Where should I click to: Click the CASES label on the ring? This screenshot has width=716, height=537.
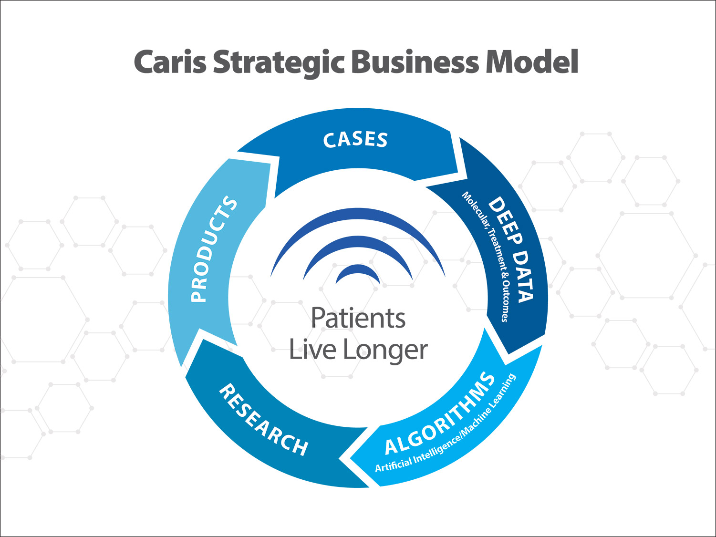[x=355, y=140]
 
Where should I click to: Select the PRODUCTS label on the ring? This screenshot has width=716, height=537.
[x=213, y=249]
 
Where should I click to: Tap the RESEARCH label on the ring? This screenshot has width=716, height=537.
[x=263, y=420]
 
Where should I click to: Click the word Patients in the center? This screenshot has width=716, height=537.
[x=358, y=318]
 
